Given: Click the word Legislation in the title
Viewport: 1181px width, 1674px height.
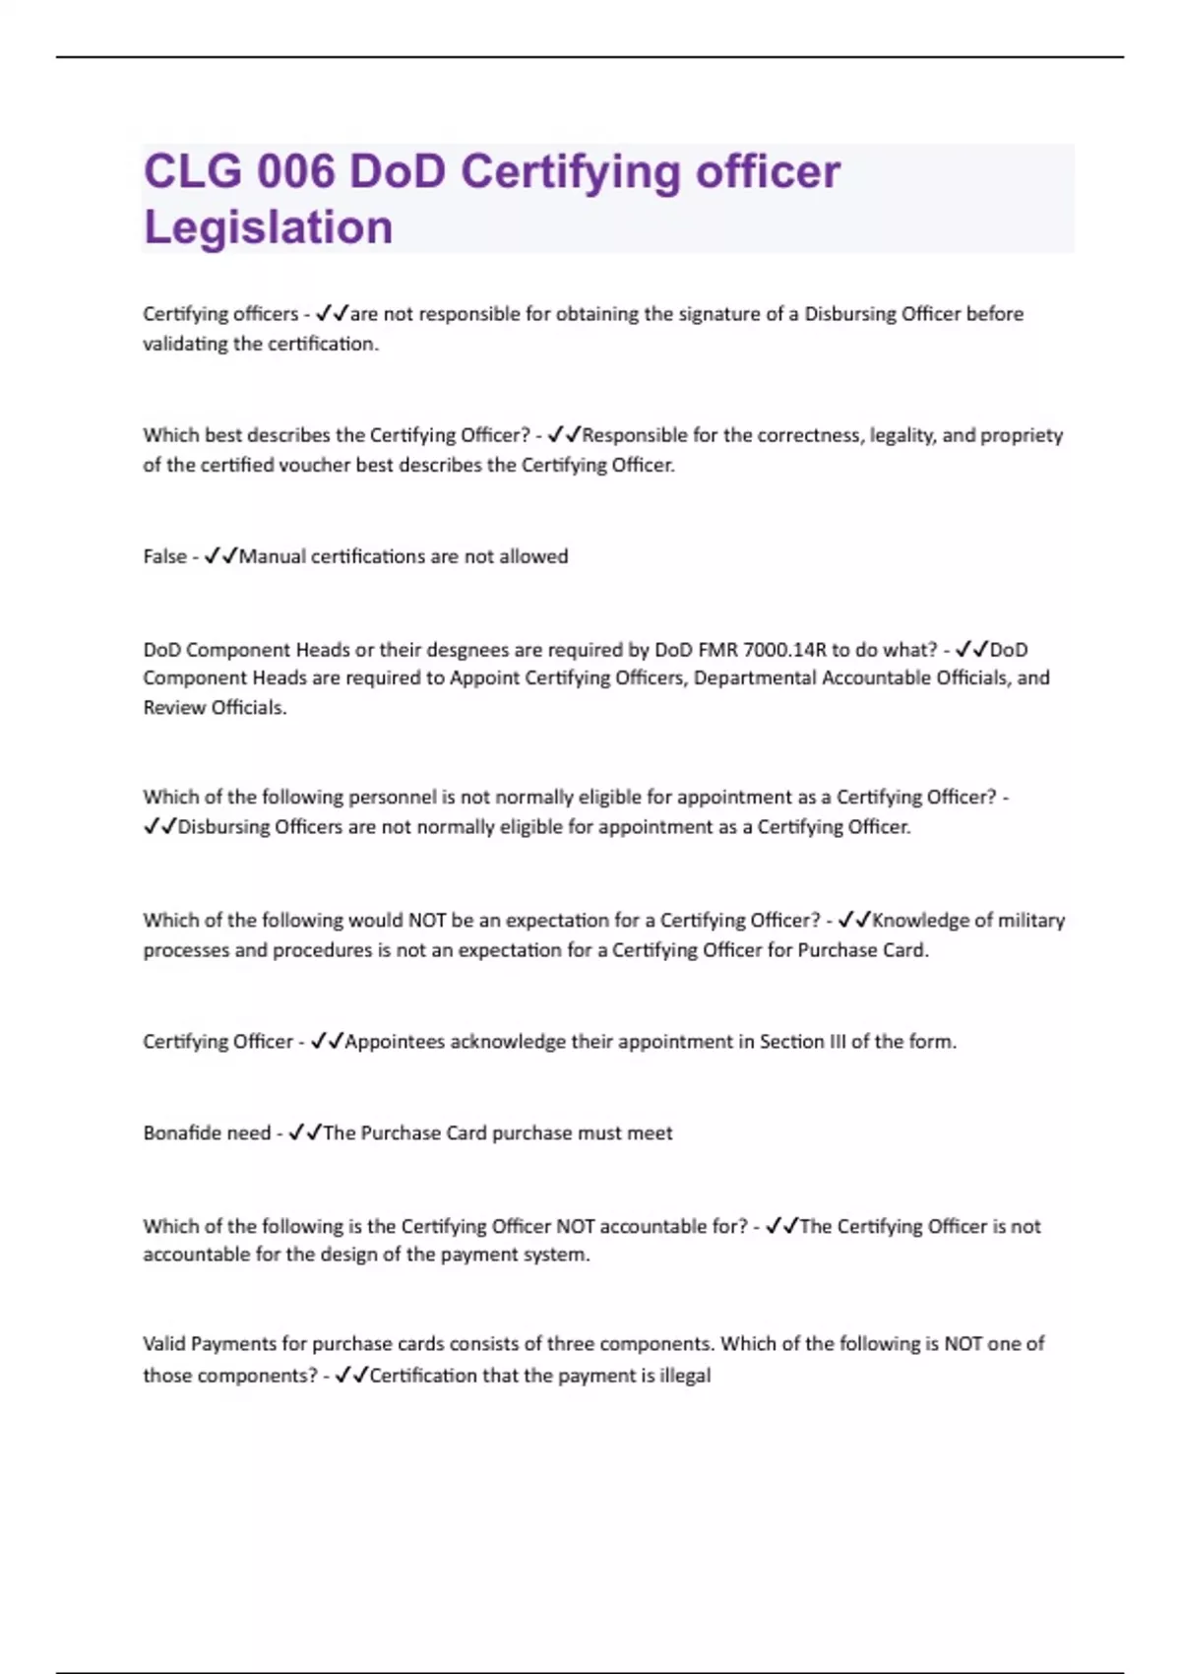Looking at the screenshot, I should [268, 227].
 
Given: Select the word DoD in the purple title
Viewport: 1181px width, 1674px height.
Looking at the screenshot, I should [398, 172].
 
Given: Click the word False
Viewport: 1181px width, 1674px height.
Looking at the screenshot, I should [164, 556].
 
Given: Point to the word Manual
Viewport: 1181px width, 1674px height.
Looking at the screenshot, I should [272, 556].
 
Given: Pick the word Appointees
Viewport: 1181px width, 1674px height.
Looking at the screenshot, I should [394, 1042].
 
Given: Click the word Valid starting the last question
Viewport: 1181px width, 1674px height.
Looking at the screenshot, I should [163, 1344].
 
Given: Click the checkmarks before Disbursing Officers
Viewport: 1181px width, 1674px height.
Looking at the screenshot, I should [159, 827].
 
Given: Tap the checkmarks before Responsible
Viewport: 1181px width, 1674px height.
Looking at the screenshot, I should [564, 435].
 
